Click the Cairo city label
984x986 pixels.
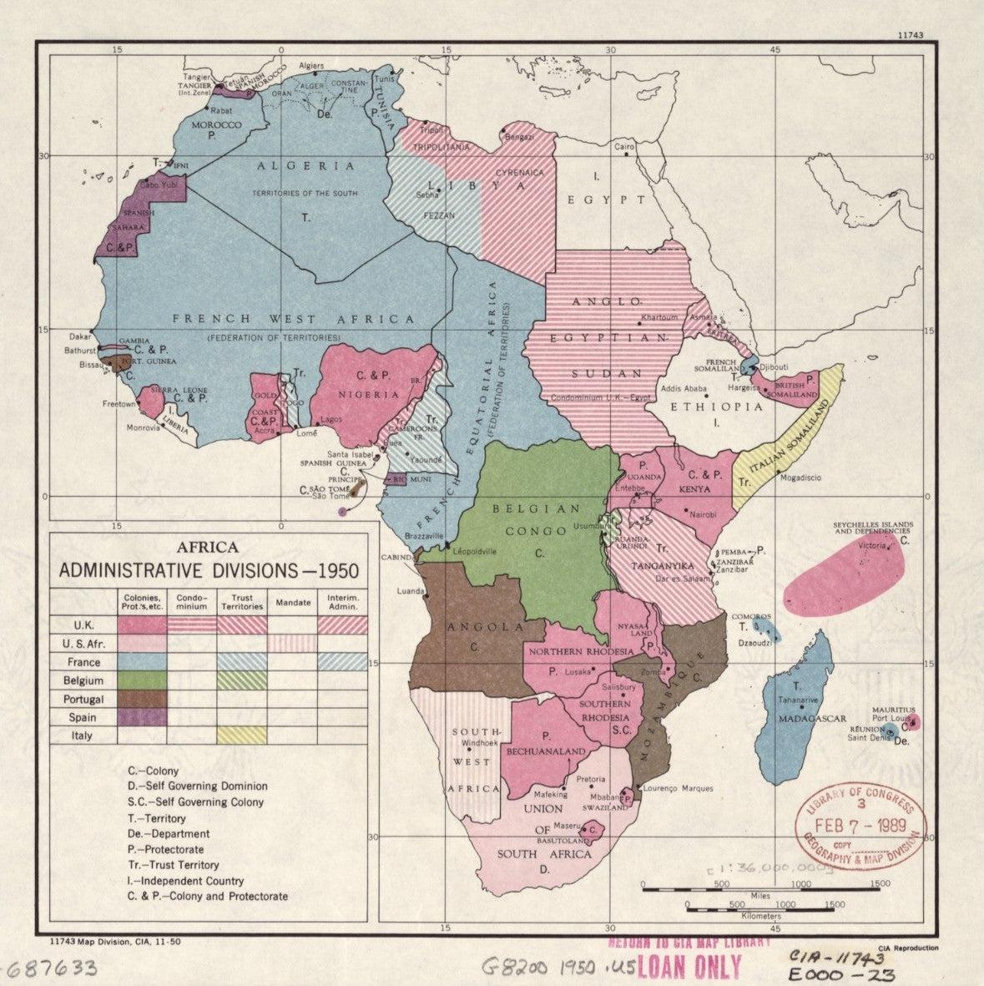point(624,147)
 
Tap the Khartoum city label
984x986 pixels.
point(659,318)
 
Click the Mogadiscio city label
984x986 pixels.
point(800,478)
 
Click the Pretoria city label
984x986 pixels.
point(591,780)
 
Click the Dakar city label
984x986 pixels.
point(80,336)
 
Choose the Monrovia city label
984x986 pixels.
point(144,428)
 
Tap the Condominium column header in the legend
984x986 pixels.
point(192,602)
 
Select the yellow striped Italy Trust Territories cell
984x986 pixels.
point(242,736)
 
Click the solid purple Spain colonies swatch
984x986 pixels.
point(142,717)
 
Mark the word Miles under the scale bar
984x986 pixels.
point(760,896)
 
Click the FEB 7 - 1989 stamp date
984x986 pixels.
point(860,826)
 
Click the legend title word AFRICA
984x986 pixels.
point(208,548)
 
